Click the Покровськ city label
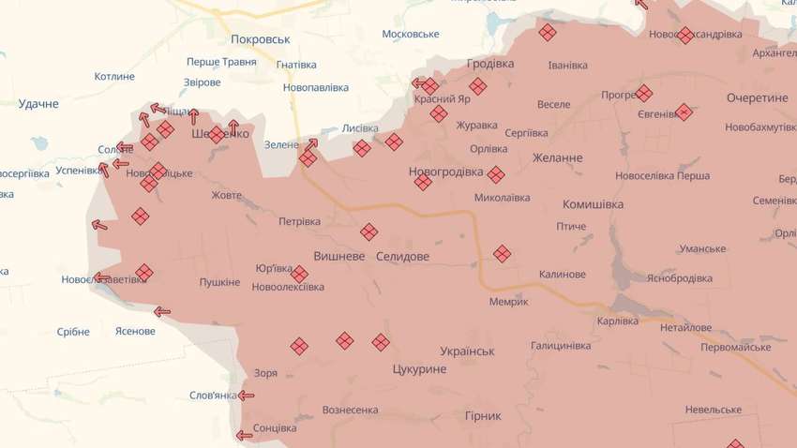[x=261, y=39]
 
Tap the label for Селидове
[x=402, y=256]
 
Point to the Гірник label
[x=483, y=415]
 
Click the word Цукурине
[x=420, y=370]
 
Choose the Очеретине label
[x=758, y=97]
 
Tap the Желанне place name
[x=558, y=157]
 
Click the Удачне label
[x=38, y=103]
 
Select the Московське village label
[x=411, y=34]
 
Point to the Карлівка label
[x=617, y=321]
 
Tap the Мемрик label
[x=509, y=301]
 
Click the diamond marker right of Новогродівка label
[x=495, y=173]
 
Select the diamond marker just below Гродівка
[x=478, y=86]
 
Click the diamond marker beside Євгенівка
[x=684, y=112]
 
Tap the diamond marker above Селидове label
[x=369, y=231]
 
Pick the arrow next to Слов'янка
[x=247, y=396]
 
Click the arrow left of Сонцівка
[x=244, y=434]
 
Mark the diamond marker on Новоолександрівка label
[x=685, y=35]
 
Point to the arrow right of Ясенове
[x=162, y=312]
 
